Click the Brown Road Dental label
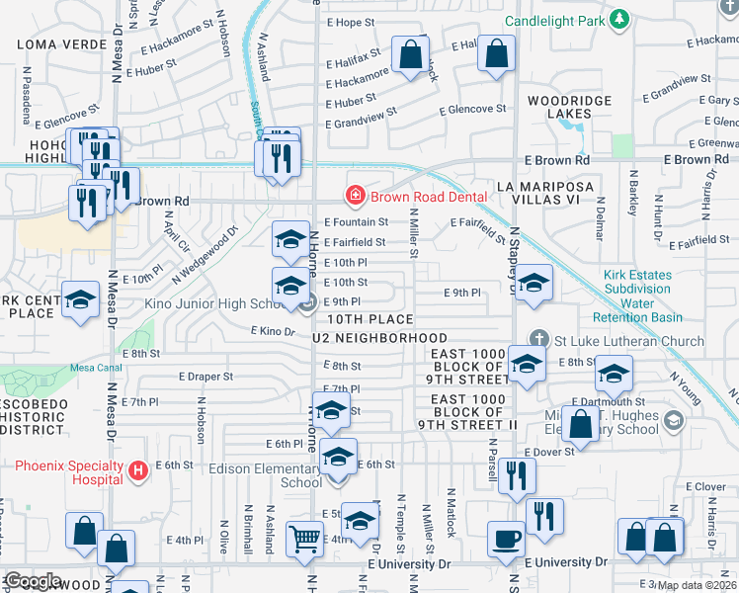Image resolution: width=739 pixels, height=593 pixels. [x=429, y=197]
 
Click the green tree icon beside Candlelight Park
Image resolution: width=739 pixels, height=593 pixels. [x=618, y=19]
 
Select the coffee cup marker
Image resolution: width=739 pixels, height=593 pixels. [x=506, y=540]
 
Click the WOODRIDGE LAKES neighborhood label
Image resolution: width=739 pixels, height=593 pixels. [x=563, y=108]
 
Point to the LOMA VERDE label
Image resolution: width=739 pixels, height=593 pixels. [x=53, y=44]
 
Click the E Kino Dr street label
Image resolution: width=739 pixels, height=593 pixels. [x=273, y=332]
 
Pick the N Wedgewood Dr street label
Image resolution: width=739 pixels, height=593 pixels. [x=205, y=253]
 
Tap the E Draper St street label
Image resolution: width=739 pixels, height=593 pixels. [x=205, y=377]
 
